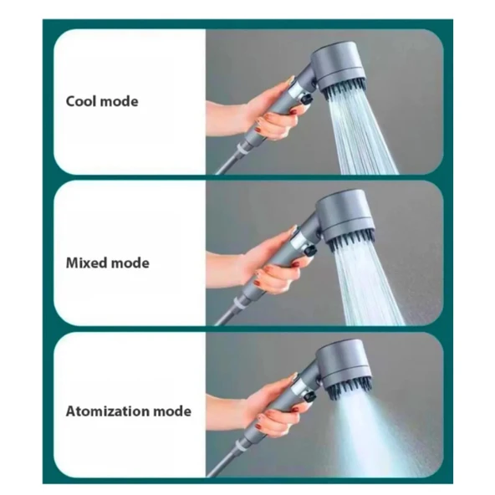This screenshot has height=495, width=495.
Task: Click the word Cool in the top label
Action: [x=81, y=101]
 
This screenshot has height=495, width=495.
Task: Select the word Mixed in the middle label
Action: [x=86, y=263]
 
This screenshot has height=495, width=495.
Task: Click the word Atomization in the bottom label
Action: [x=108, y=411]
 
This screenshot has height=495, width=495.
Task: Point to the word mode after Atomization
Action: [x=172, y=411]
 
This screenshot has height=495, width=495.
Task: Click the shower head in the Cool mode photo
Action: [x=339, y=70]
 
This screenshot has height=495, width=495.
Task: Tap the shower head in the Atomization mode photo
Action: [x=345, y=370]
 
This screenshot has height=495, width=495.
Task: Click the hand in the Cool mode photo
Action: [x=256, y=110]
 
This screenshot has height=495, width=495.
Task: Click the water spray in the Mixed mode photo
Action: [x=370, y=284]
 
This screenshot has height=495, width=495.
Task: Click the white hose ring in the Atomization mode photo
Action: [x=240, y=446]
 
